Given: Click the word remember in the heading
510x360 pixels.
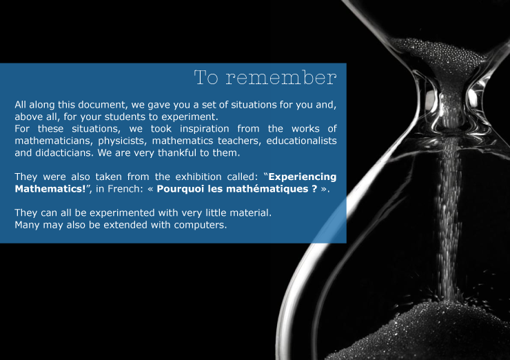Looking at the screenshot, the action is pyautogui.click(x=281, y=77).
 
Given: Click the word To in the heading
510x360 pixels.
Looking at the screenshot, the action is pyautogui.click(x=206, y=77).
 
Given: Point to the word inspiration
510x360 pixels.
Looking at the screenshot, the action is pyautogui.click(x=204, y=129).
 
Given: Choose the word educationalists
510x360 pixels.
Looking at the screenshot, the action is pyautogui.click(x=301, y=141).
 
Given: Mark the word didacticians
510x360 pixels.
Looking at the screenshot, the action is pyautogui.click(x=64, y=152).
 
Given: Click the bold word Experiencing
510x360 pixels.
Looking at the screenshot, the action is pyautogui.click(x=302, y=177).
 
